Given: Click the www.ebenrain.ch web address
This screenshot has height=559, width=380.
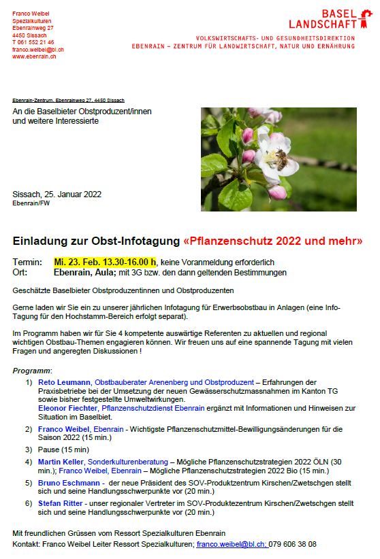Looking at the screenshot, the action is [34, 57].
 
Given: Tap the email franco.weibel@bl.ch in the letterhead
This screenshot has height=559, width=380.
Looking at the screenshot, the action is [37, 50].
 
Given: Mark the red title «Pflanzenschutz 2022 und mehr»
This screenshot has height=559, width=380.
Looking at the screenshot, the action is [273, 241].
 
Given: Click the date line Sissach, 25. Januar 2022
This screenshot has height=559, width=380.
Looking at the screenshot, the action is [57, 194].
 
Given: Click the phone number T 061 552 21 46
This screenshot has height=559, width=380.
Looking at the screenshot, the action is [33, 42].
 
